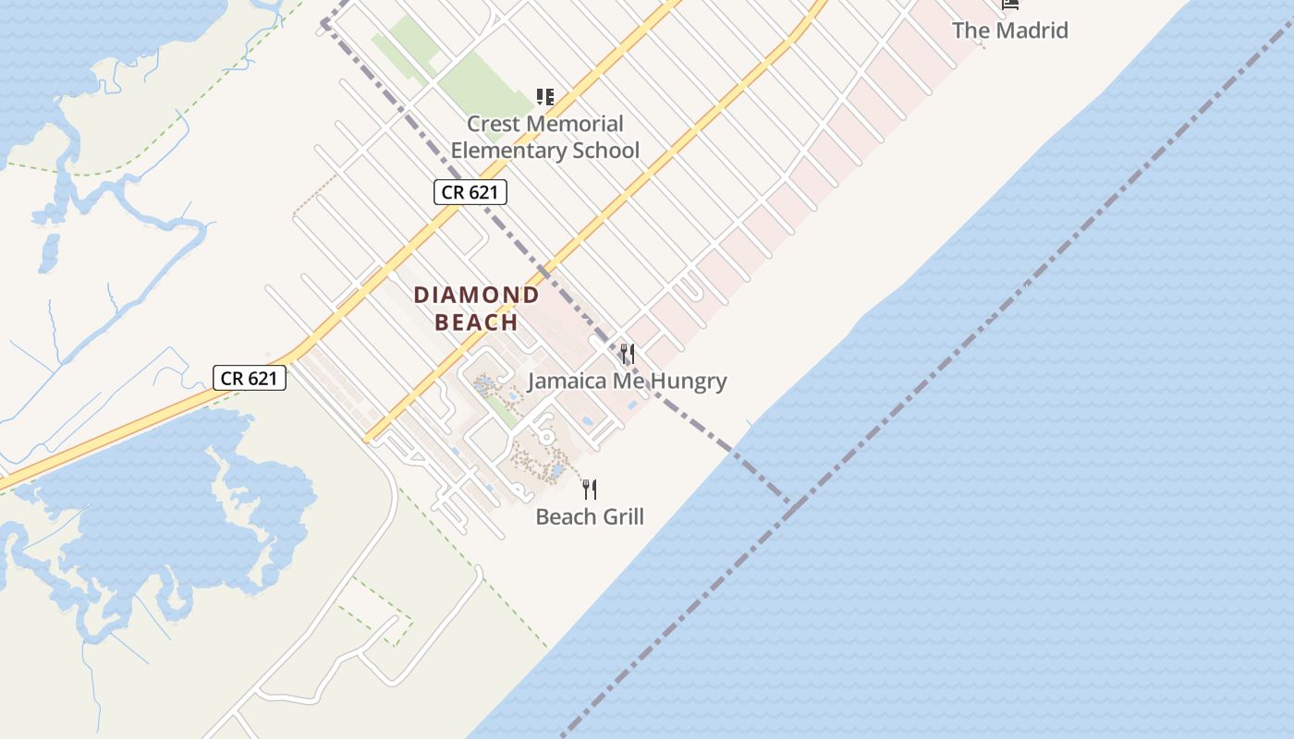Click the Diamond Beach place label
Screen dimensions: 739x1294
(x=476, y=309)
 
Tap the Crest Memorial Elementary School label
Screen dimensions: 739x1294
(x=544, y=137)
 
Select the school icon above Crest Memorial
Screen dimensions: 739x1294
(x=545, y=96)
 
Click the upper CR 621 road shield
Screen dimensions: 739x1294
(x=470, y=193)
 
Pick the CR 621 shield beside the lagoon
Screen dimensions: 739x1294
(x=250, y=378)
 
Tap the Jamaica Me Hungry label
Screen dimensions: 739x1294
(x=627, y=381)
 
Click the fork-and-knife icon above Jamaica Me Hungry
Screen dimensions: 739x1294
(x=628, y=354)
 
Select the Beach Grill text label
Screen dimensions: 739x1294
(x=590, y=516)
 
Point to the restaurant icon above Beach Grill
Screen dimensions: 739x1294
(x=590, y=489)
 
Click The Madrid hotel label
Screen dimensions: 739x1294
(x=1009, y=30)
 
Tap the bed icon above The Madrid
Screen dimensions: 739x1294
(x=1010, y=4)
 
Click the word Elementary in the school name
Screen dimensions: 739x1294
(x=505, y=151)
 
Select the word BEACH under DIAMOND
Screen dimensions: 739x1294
(x=476, y=322)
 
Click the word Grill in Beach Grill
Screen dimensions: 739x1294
(x=620, y=516)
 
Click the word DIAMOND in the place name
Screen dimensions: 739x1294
(x=476, y=296)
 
